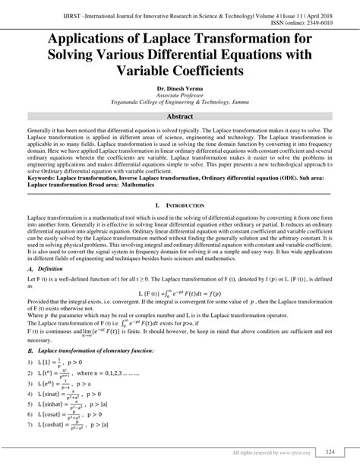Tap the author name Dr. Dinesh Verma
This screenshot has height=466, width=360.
click(180, 90)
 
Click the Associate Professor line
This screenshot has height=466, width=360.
click(180, 97)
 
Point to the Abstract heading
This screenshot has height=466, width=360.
click(180, 118)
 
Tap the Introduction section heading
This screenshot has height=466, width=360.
click(185, 206)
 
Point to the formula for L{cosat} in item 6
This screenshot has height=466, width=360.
click(74, 418)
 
